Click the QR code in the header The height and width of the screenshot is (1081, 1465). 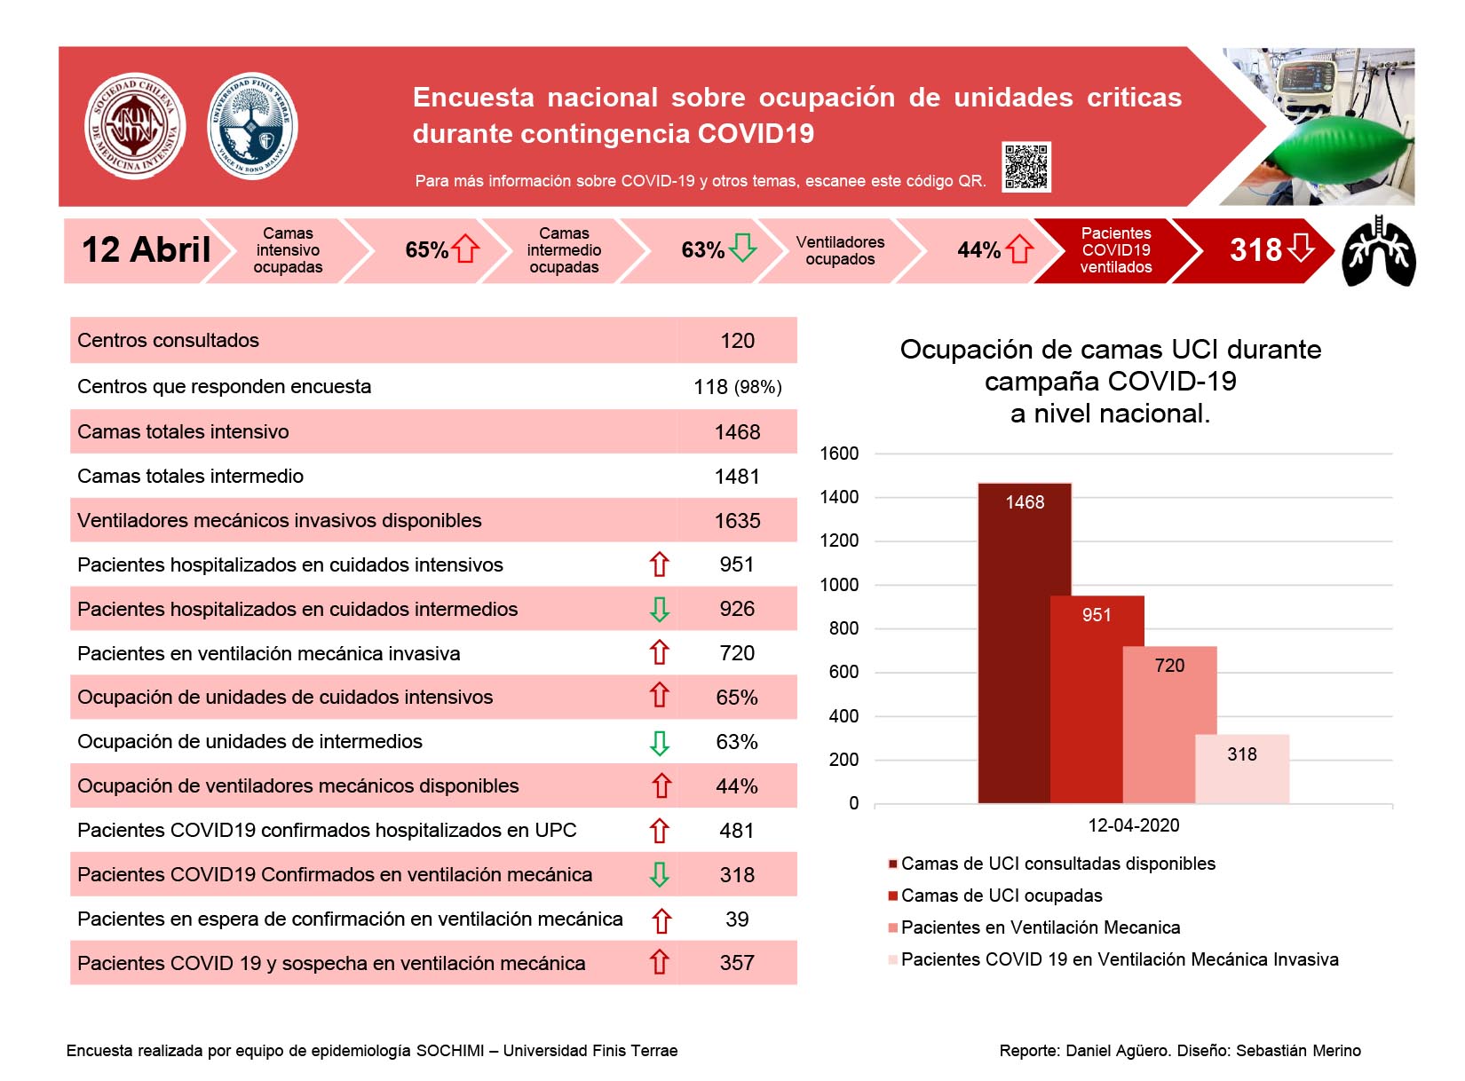point(1025,166)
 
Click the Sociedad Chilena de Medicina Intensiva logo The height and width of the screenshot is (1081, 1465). point(135,125)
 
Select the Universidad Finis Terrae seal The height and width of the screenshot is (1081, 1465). point(252,125)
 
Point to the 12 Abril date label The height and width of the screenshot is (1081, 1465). point(146,249)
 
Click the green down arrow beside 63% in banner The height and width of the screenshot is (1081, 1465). point(741,247)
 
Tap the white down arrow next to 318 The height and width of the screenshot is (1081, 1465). point(1300,247)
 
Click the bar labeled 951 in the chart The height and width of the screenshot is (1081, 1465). point(1097,698)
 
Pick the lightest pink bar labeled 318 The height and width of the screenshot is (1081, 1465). point(1242,769)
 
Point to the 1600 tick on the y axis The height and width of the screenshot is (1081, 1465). point(839,454)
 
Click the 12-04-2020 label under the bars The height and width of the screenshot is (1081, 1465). point(1134,825)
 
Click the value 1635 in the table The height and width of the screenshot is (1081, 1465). point(737,520)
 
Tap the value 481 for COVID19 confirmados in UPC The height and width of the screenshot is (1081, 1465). point(736,830)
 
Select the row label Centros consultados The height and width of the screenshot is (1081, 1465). point(168,340)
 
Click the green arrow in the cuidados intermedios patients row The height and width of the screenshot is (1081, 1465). point(659,609)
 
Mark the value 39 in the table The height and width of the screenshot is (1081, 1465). point(737,919)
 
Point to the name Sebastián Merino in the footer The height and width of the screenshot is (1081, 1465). point(1298,1050)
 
